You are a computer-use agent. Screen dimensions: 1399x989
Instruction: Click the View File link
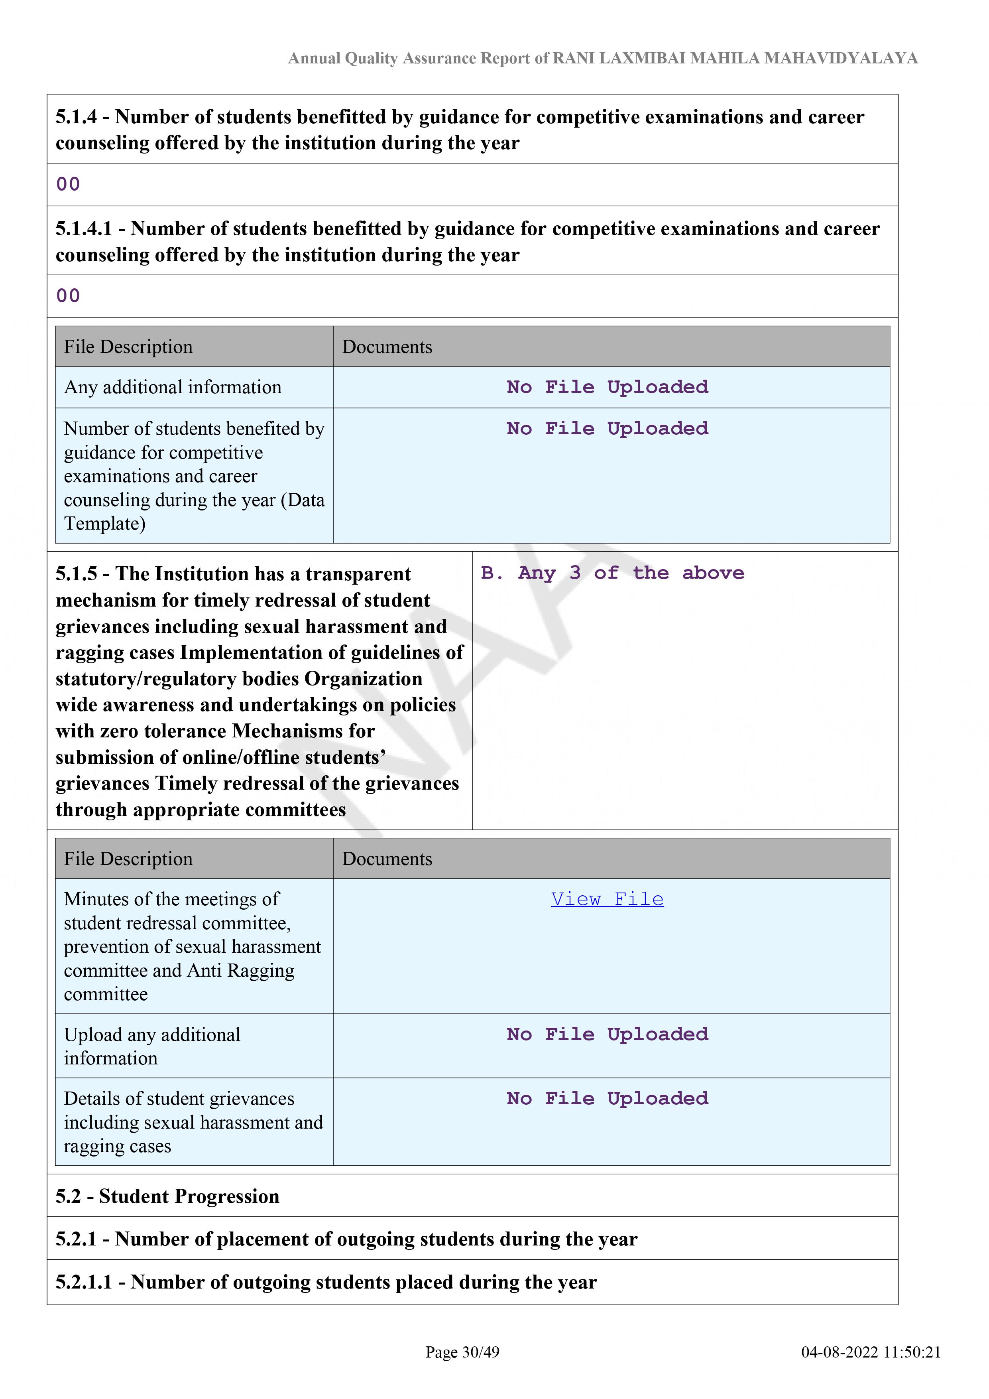(607, 899)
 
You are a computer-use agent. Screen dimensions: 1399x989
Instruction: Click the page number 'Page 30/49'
(462, 1352)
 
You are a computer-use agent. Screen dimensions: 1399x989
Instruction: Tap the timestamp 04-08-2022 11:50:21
(870, 1352)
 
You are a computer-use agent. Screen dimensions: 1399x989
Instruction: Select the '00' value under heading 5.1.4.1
(68, 296)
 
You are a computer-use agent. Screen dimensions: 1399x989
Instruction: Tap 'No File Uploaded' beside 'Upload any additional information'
(607, 1034)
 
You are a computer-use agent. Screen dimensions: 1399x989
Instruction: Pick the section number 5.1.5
(76, 574)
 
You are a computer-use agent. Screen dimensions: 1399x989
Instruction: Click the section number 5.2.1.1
(84, 1282)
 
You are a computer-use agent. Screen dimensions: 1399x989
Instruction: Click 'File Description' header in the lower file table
(128, 859)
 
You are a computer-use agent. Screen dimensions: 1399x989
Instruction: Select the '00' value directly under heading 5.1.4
(68, 184)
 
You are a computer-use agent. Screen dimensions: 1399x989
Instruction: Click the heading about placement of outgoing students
(346, 1239)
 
